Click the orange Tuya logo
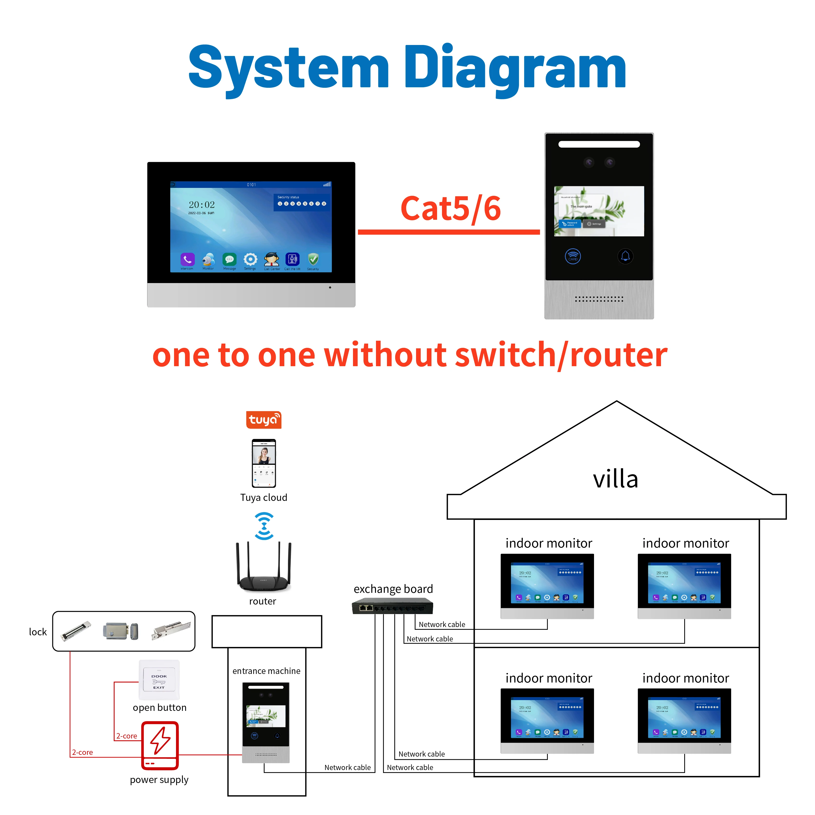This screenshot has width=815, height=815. (x=264, y=420)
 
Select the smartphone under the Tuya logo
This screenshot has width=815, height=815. (x=264, y=463)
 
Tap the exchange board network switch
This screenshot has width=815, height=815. (x=392, y=608)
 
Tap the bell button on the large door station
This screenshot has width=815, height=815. (x=625, y=256)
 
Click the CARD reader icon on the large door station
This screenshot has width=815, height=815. (x=573, y=256)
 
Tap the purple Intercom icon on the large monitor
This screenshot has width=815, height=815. (x=187, y=259)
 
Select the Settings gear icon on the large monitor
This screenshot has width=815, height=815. (x=250, y=259)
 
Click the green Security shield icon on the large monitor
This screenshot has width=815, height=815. (x=313, y=259)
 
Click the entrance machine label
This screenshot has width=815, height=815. (x=266, y=671)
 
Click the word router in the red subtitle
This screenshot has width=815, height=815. (x=618, y=355)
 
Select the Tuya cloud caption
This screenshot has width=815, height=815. (x=264, y=497)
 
